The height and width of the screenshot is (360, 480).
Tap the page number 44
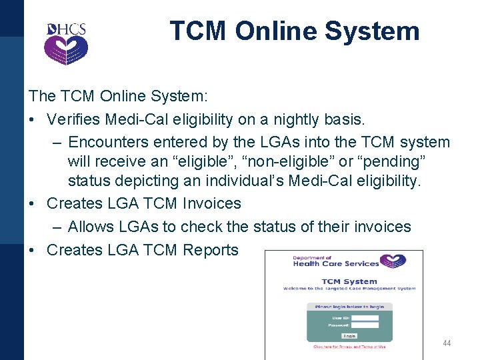pos(447,343)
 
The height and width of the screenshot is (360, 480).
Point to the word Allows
pos(89,227)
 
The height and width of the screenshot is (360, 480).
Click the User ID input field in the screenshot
pos(365,318)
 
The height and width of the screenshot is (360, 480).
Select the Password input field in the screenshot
pos(365,325)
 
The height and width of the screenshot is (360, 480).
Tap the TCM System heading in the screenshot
pos(349,281)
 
